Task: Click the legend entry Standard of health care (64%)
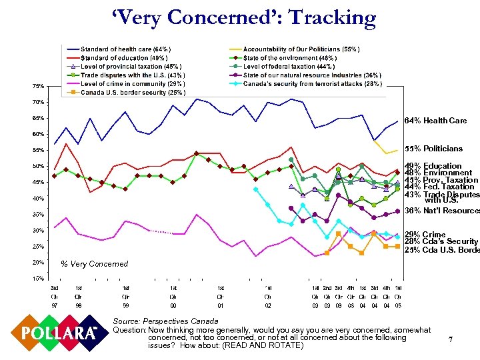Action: click(125, 49)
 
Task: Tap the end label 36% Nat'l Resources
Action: click(442, 211)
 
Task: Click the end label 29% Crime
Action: click(425, 235)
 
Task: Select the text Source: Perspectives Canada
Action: click(157, 321)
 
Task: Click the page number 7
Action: click(451, 340)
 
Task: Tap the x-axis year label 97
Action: click(55, 304)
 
